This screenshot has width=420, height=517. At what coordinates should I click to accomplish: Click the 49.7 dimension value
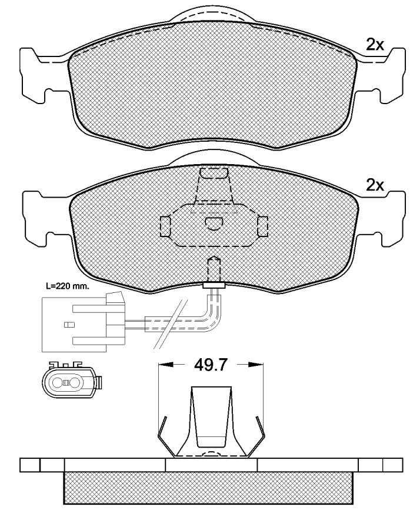click(x=211, y=365)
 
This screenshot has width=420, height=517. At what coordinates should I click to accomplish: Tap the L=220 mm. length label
click(x=68, y=286)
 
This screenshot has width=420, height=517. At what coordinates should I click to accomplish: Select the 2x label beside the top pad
click(x=375, y=45)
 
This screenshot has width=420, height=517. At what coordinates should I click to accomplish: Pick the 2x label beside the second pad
click(x=375, y=186)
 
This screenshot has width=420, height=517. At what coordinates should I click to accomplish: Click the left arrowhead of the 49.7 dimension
click(x=166, y=364)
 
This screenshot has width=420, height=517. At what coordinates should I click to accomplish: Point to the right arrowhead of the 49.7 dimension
click(x=256, y=364)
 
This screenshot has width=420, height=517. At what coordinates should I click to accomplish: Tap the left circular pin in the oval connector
click(x=58, y=383)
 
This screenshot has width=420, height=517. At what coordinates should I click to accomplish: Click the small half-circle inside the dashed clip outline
click(x=214, y=224)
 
